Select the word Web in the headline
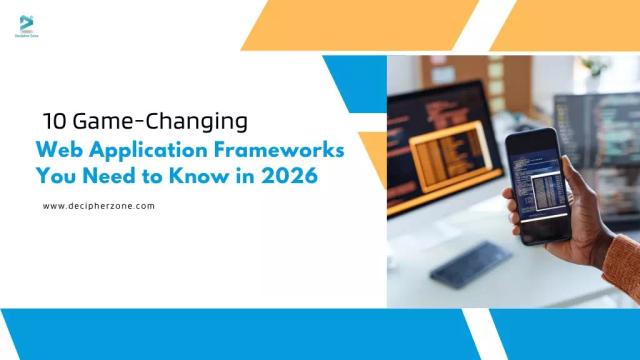click(x=56, y=150)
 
